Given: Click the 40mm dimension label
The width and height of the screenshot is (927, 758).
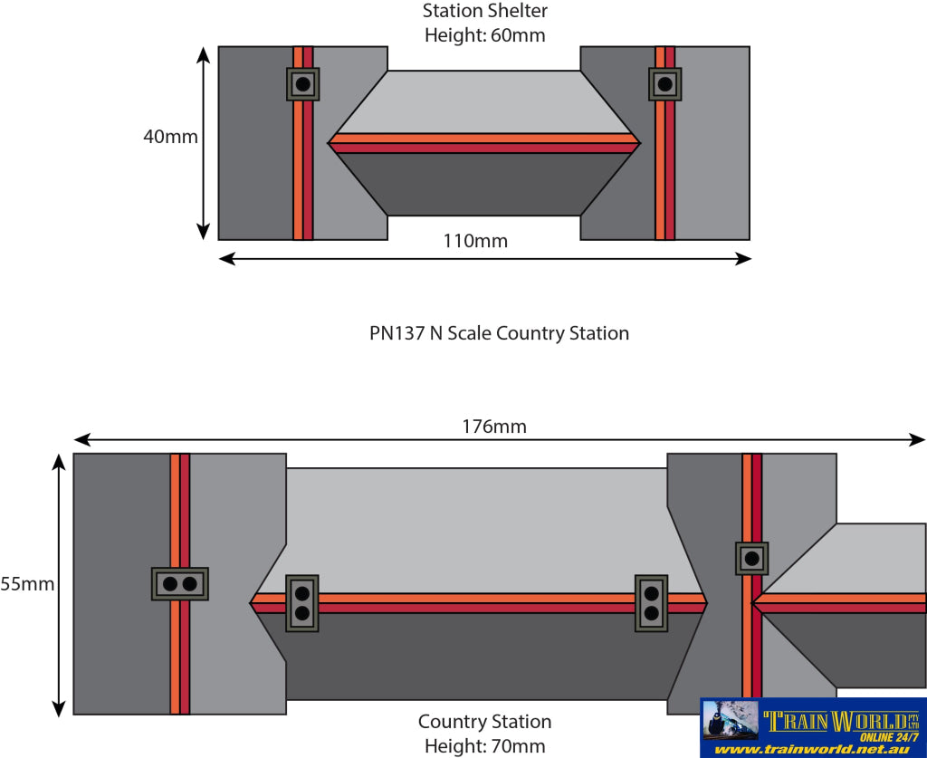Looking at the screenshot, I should [x=170, y=137].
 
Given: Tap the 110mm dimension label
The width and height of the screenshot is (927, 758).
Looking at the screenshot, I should [x=475, y=241].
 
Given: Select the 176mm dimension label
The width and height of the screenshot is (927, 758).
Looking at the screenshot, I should [x=493, y=426].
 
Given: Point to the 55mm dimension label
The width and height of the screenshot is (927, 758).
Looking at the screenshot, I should [x=27, y=584].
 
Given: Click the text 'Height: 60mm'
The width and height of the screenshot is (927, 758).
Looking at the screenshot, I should [x=485, y=36].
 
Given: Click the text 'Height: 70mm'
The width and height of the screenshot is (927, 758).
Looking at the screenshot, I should [x=485, y=746].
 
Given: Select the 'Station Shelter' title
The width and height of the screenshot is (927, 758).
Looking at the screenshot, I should [x=485, y=12].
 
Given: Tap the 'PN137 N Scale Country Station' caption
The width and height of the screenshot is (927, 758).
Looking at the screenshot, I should [x=499, y=333].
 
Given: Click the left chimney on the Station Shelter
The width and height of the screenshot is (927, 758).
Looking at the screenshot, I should [x=303, y=85].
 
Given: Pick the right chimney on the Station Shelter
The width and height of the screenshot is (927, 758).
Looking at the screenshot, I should [x=665, y=85].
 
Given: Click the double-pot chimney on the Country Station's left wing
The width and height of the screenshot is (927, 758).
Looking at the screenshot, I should [x=180, y=584].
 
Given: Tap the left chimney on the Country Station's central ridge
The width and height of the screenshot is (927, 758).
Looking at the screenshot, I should [x=302, y=603].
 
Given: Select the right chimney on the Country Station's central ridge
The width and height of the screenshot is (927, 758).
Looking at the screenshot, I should [x=651, y=603].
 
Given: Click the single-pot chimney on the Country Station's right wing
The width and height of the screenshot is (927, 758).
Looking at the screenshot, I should [x=751, y=559].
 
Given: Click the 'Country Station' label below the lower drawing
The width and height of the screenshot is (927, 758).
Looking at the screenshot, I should [x=484, y=722].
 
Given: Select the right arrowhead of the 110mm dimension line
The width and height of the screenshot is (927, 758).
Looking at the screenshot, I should [x=745, y=259].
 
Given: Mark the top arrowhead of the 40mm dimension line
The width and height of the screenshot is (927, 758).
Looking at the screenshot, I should [x=204, y=53].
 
